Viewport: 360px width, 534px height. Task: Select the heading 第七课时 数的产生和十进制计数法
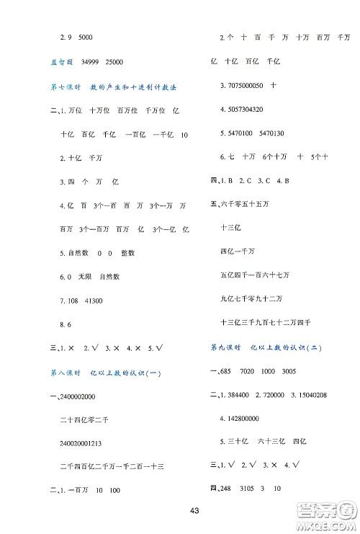[106, 86]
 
